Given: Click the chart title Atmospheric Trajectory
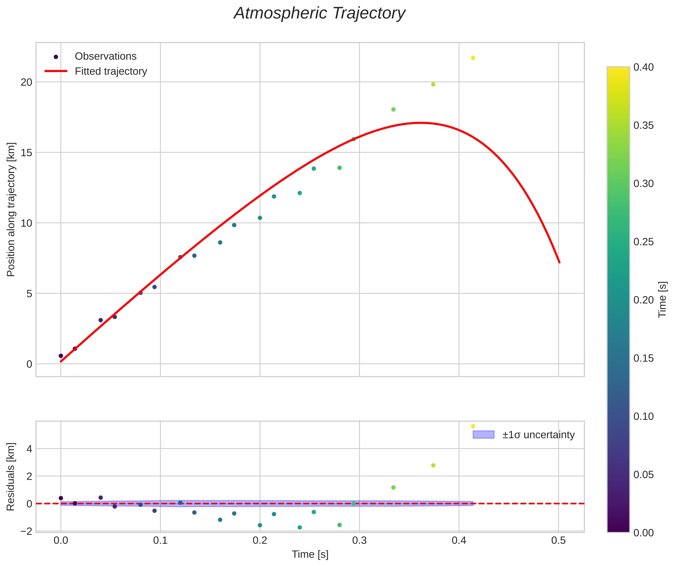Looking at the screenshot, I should [319, 13].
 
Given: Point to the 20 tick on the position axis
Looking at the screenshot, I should [26, 82].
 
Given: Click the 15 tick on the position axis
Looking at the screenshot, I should [26, 153].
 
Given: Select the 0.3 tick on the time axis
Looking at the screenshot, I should [359, 541].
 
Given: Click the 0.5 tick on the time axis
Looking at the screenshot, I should [559, 541].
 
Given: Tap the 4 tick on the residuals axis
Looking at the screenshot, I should [29, 449].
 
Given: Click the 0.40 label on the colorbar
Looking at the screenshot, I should [643, 67].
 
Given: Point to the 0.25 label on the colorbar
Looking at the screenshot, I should [643, 242].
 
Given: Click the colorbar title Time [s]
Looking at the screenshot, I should [662, 300].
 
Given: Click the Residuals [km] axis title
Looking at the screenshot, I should [11, 477].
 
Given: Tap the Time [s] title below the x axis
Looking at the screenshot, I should [310, 554].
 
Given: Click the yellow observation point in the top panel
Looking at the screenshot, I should [473, 58].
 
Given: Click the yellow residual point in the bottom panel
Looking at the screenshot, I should [473, 426].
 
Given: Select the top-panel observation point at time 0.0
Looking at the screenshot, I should [61, 356].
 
